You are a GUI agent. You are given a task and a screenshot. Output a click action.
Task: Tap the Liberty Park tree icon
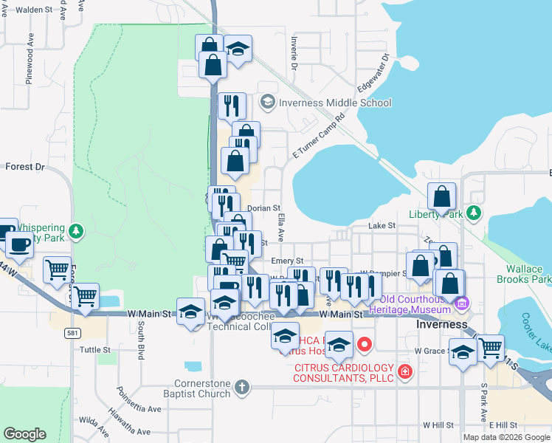point(474,214)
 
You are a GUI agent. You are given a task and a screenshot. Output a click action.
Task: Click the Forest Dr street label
point(25,167)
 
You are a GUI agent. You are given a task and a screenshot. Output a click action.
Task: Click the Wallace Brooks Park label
point(527,275)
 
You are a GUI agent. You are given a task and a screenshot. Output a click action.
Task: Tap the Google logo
point(25,434)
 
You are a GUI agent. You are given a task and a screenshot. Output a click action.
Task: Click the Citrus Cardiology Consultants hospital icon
point(404,371)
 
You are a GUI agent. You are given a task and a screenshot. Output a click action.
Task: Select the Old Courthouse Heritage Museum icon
point(462,303)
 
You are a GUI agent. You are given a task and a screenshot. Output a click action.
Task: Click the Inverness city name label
point(441,324)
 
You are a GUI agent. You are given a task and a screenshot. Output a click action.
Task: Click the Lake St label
point(382,226)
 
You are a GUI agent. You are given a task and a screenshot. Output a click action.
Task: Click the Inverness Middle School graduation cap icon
point(267,102)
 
